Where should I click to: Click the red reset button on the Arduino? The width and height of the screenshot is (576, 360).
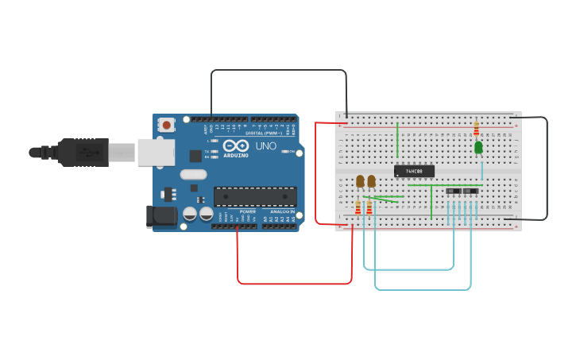[x=167, y=124]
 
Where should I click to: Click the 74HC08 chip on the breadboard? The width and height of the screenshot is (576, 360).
[x=414, y=171]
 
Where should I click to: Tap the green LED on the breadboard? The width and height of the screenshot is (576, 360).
[x=478, y=147]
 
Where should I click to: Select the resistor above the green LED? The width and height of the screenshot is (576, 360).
[x=476, y=128]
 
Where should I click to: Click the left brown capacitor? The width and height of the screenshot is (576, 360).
[x=360, y=181]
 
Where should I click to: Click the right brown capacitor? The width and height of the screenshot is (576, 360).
[x=371, y=181]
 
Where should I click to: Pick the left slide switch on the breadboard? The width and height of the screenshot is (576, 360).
[x=453, y=192]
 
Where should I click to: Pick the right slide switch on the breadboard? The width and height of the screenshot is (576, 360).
[x=470, y=192]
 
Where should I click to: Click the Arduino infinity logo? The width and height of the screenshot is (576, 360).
[x=235, y=146]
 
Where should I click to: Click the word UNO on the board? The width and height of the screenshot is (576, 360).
[x=265, y=146]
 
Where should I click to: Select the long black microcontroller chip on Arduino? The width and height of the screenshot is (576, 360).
[x=255, y=196]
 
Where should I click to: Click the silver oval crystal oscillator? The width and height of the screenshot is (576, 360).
[x=193, y=174]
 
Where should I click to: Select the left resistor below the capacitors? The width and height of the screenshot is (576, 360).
[x=358, y=207]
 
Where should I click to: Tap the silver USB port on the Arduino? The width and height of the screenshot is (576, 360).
[x=155, y=152]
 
